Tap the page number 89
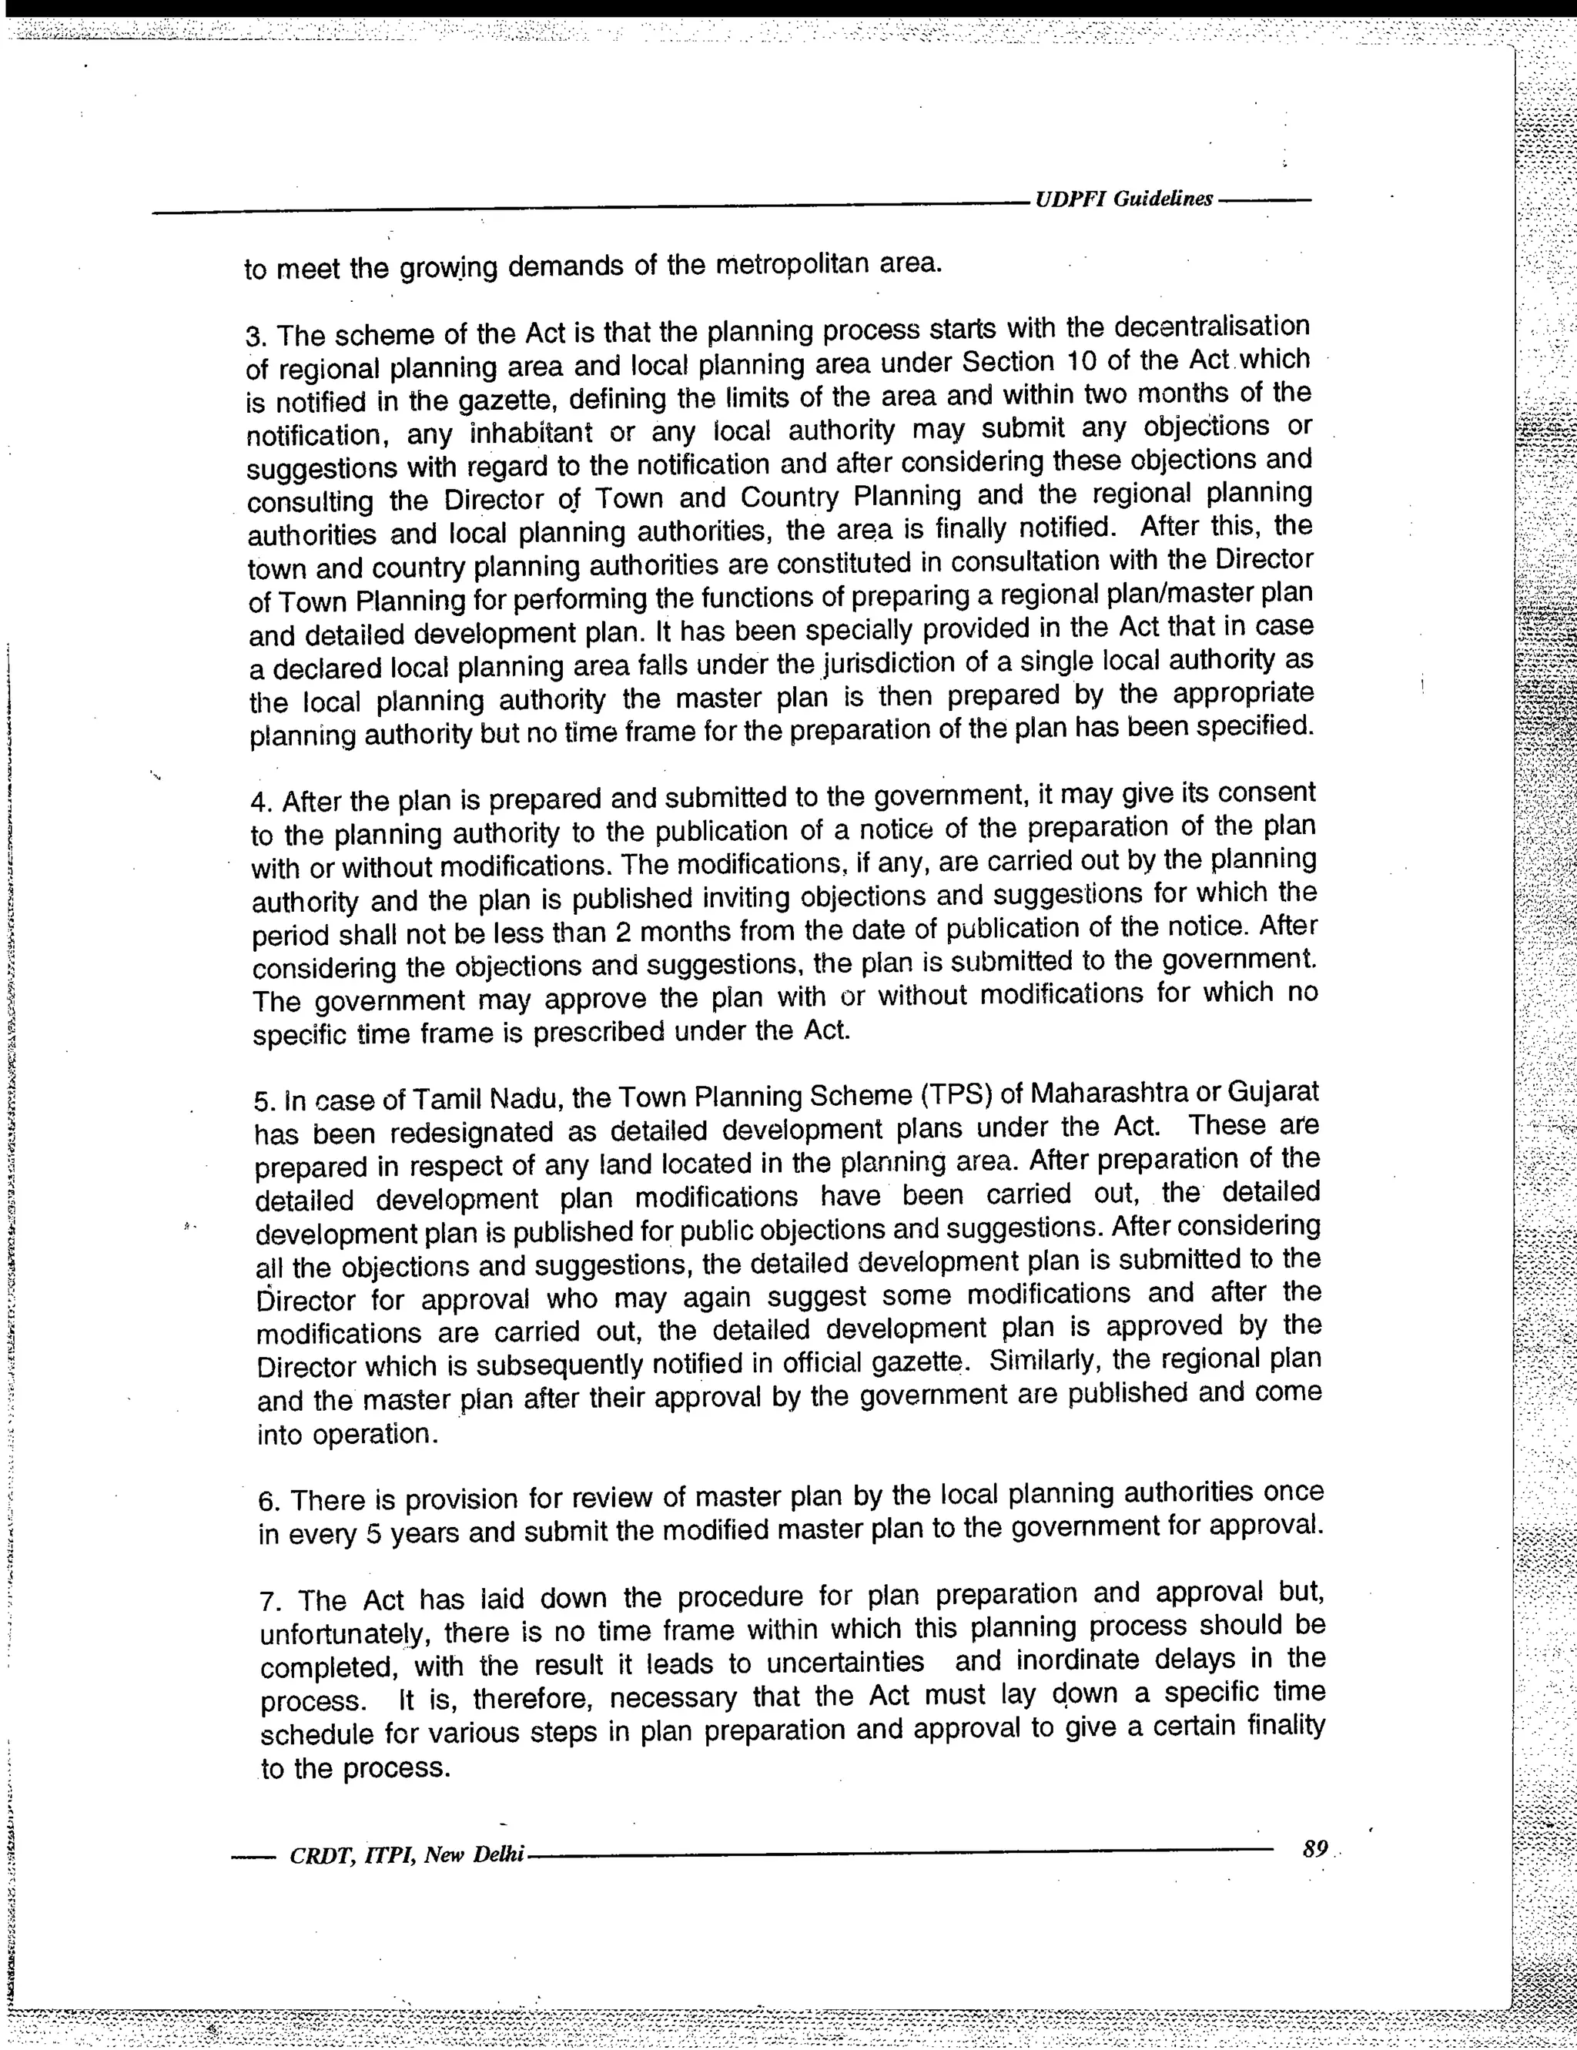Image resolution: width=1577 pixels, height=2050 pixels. point(1315,1848)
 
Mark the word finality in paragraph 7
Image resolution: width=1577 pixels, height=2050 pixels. point(1286,1726)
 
